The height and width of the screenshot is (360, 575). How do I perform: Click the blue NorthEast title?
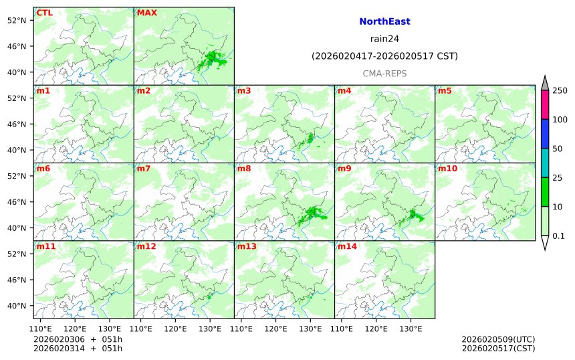[x=384, y=21]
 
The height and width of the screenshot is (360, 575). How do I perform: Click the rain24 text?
[x=384, y=39]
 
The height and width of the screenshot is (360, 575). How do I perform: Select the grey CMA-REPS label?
[x=384, y=73]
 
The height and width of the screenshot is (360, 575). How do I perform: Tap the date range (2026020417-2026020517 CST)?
[x=384, y=56]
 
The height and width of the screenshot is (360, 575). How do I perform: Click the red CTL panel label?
[x=45, y=13]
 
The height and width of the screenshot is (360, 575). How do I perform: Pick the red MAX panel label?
[x=146, y=13]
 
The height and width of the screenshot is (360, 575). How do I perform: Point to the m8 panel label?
[x=243, y=169]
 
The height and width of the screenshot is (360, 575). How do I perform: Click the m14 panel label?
[x=346, y=246]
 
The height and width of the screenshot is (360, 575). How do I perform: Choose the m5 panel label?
[x=445, y=90]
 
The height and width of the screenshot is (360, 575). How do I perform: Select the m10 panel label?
[x=447, y=169]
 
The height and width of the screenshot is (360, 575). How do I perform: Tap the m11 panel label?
[x=45, y=246]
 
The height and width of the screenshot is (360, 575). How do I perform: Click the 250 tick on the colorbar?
[x=560, y=90]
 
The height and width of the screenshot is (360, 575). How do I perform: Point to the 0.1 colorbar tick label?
[x=558, y=236]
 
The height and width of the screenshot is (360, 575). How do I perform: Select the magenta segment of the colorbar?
[x=545, y=104]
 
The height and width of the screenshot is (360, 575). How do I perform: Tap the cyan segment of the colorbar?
[x=545, y=162]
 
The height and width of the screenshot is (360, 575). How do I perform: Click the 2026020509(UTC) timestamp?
[x=498, y=339]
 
